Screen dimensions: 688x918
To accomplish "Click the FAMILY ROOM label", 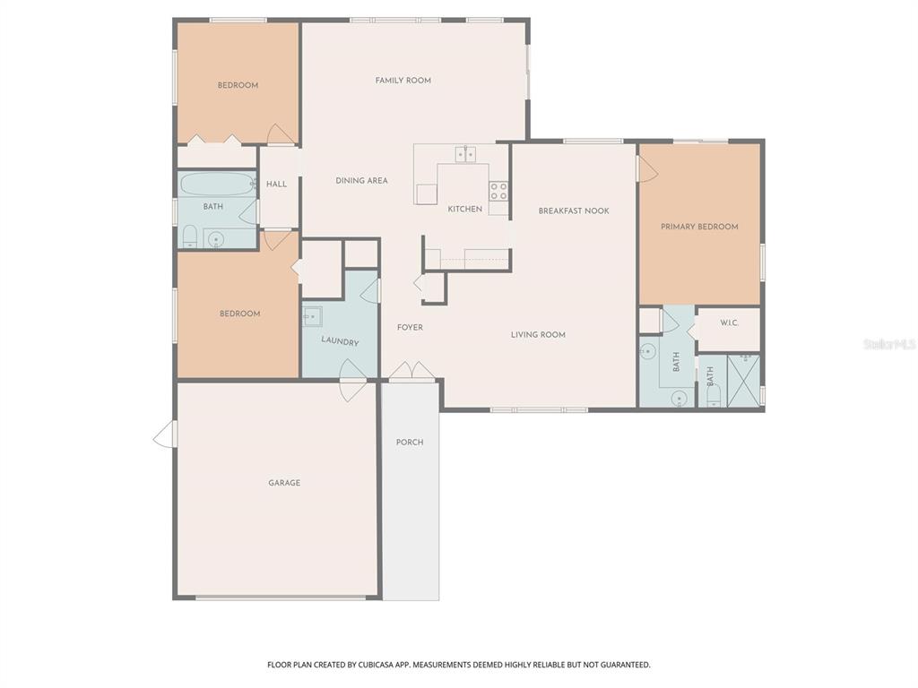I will (x=403, y=81).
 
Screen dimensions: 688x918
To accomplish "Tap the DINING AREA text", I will (x=361, y=181).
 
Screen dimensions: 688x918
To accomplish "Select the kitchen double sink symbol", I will (x=465, y=154).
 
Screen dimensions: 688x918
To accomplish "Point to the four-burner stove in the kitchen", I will (x=498, y=191).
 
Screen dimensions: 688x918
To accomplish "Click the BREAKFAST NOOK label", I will (x=574, y=211).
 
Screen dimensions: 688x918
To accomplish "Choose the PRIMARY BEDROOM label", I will (x=699, y=227).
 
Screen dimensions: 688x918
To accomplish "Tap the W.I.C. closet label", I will (x=729, y=322).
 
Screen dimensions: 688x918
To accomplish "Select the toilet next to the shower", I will (x=713, y=395).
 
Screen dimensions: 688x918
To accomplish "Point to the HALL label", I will (x=277, y=185).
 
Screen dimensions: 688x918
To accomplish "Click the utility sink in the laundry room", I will (x=312, y=315).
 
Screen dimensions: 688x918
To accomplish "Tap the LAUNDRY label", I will (x=340, y=342).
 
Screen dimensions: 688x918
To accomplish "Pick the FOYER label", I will (x=410, y=328).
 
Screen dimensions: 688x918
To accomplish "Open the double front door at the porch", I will (x=411, y=372).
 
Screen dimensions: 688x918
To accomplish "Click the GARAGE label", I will (x=284, y=483).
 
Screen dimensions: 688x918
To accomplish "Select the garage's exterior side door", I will (x=166, y=435).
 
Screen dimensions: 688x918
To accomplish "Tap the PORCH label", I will (x=410, y=443).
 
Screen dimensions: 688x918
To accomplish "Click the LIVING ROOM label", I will (x=538, y=335).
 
